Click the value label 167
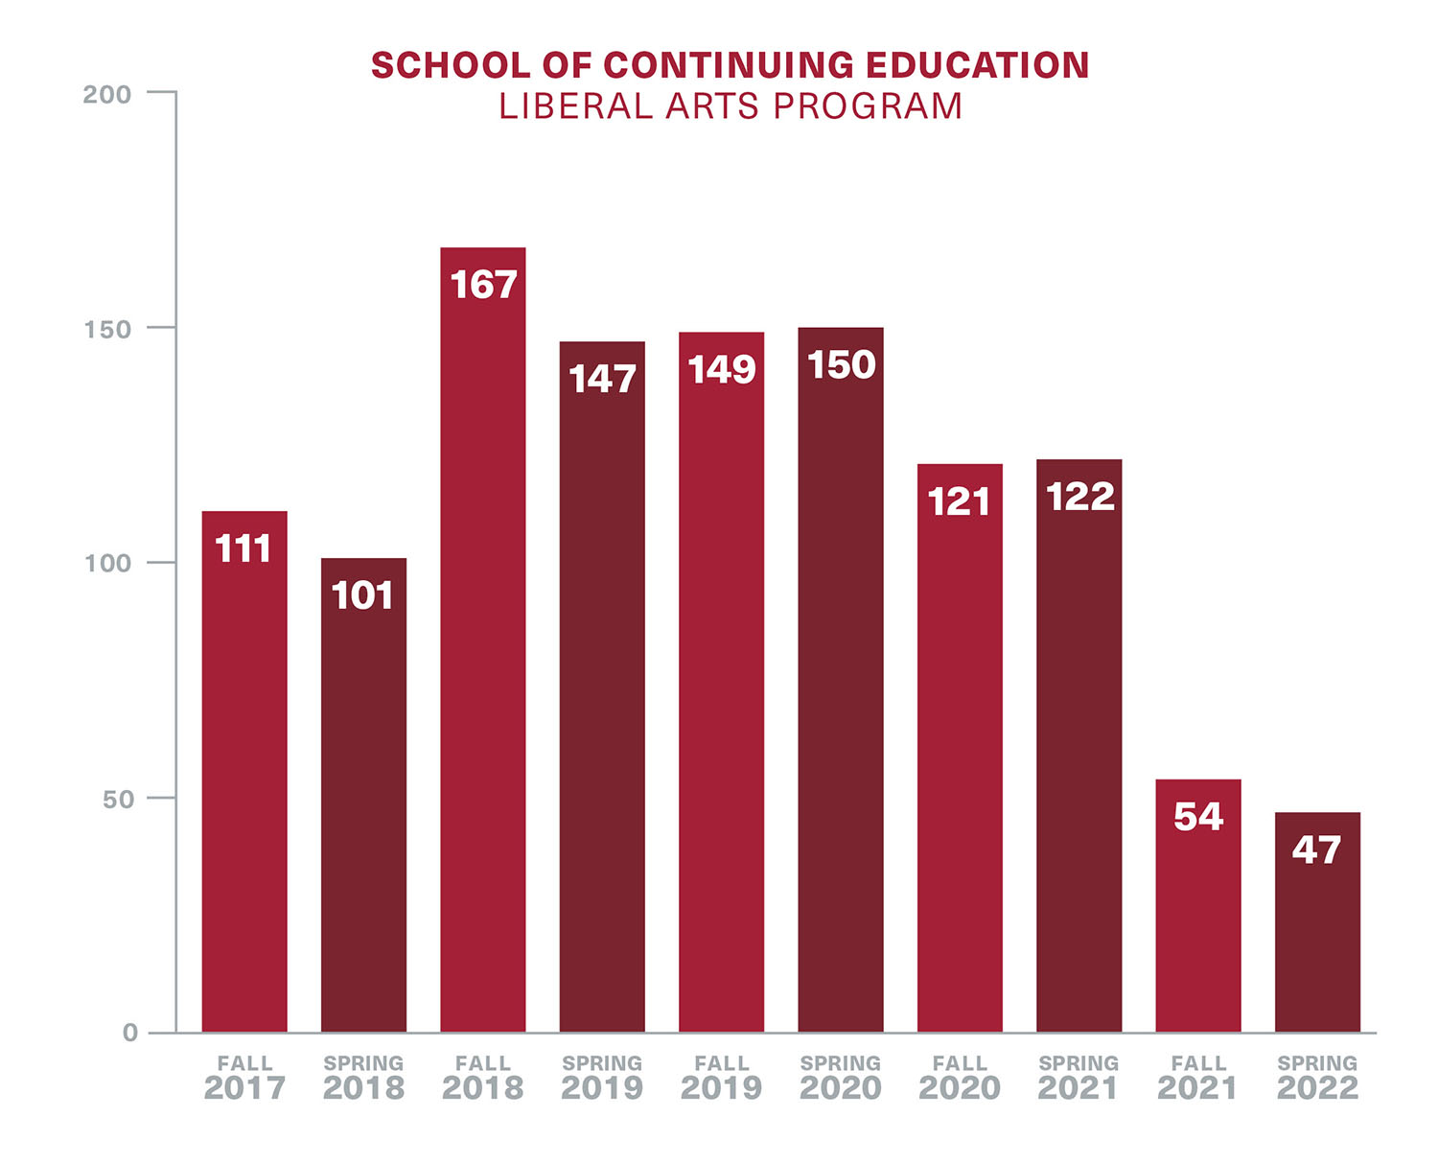point(483,285)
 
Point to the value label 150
point(841,365)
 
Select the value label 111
point(244,549)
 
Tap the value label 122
point(1079,497)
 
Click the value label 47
point(1316,849)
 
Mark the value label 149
point(722,370)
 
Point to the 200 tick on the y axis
point(107,94)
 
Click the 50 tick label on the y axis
point(117,799)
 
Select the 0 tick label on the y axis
point(130,1033)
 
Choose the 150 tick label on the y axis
point(107,329)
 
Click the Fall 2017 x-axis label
point(244,1078)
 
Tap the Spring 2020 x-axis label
point(841,1078)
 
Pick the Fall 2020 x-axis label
point(960,1078)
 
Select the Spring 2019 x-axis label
point(602,1078)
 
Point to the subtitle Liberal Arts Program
point(731,106)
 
